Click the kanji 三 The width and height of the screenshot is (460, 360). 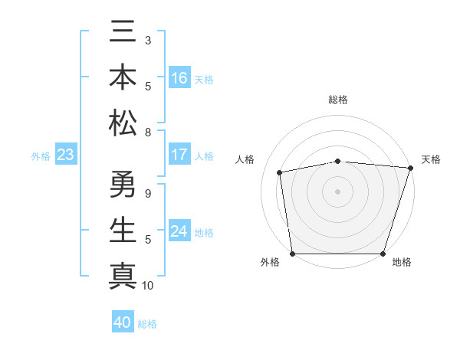(x=123, y=34)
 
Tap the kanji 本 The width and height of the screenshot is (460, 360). (x=123, y=78)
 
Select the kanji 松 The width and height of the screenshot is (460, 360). (x=123, y=122)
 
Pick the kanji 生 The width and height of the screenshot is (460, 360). (x=123, y=230)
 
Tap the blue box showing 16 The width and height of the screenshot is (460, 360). (x=179, y=77)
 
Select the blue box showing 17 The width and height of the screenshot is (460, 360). (x=179, y=154)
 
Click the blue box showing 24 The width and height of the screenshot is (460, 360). (x=179, y=231)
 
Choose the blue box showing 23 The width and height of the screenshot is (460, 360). (x=66, y=155)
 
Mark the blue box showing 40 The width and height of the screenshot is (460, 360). (x=123, y=322)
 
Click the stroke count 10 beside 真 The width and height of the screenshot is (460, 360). (x=149, y=286)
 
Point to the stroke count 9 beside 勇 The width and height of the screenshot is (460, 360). (x=148, y=194)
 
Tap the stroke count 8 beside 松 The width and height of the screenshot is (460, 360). (x=148, y=132)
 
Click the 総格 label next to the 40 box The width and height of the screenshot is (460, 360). (x=148, y=324)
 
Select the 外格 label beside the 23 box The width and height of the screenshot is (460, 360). (x=41, y=156)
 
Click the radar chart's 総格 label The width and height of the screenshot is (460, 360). (x=338, y=100)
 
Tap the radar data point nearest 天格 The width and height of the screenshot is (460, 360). (x=411, y=168)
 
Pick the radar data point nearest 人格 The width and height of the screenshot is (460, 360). (x=281, y=172)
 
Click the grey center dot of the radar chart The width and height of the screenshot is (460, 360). (x=338, y=191)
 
